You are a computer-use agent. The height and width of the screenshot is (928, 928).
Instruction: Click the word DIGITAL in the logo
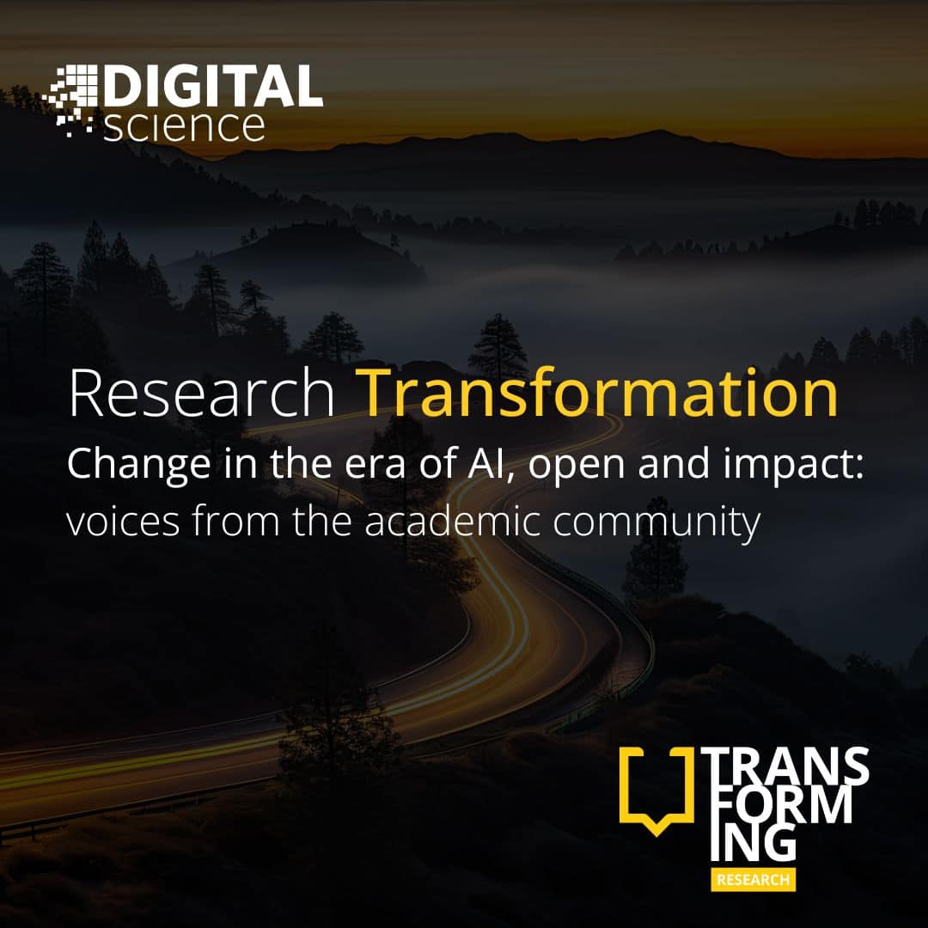click(214, 86)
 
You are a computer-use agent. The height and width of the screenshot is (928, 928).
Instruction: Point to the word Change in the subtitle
click(138, 465)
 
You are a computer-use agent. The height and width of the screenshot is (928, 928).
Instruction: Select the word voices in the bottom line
click(123, 522)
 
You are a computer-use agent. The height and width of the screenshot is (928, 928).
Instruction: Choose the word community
click(657, 523)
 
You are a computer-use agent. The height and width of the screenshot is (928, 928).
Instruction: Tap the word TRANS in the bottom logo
click(785, 766)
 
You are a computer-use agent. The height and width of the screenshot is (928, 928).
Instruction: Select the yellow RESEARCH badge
click(754, 880)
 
